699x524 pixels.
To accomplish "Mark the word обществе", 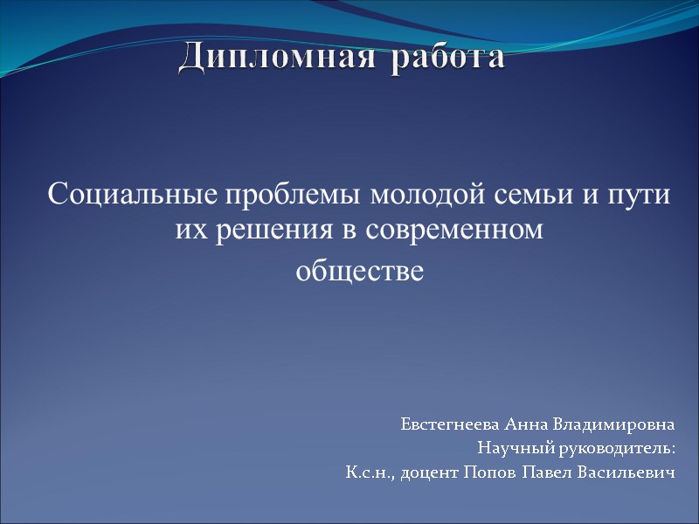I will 359,272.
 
